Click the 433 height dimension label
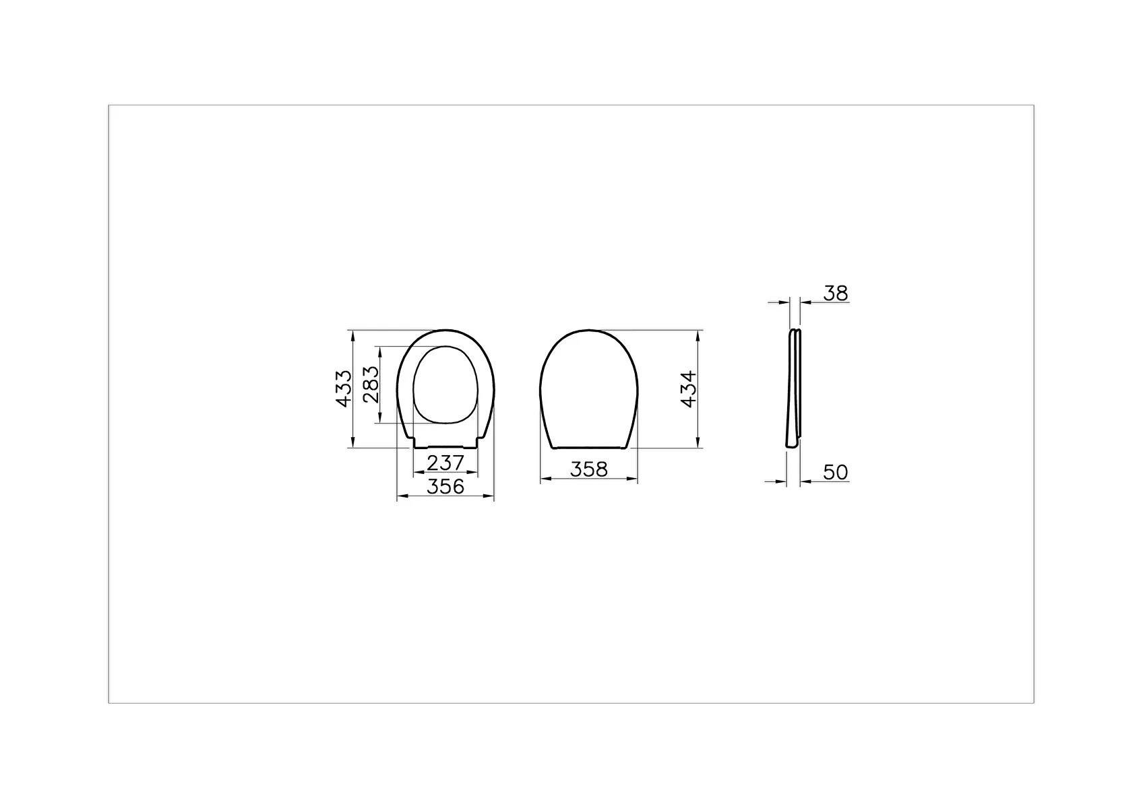point(343,388)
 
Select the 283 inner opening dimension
point(371,384)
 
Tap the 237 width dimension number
point(445,463)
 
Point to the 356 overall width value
point(445,486)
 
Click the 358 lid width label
point(588,469)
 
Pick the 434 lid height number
point(687,389)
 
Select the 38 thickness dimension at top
point(836,294)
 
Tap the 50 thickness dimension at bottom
point(836,473)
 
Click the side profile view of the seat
point(794,388)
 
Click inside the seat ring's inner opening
point(445,385)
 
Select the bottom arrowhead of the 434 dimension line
point(698,443)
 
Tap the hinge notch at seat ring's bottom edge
point(446,446)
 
